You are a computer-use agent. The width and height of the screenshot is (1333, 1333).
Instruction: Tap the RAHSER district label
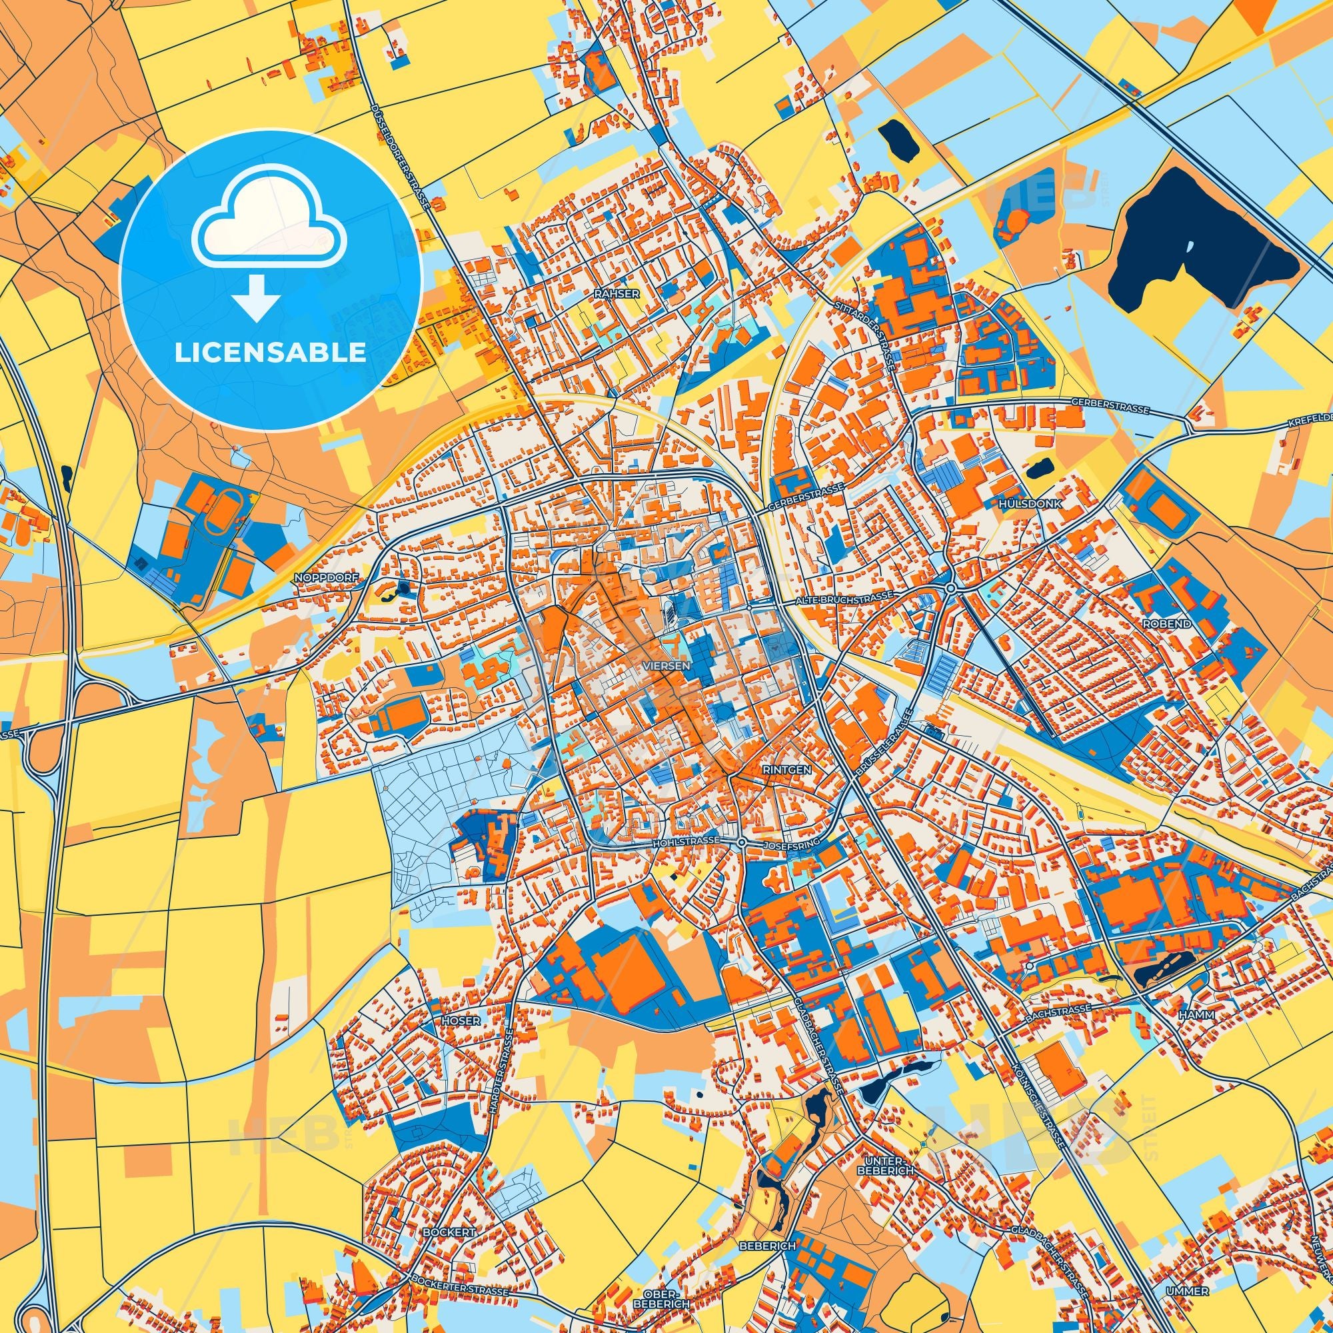pos(616,293)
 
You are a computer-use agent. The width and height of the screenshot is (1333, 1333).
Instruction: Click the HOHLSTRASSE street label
pos(686,842)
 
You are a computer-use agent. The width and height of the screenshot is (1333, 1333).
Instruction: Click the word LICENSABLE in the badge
pos(271,353)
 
